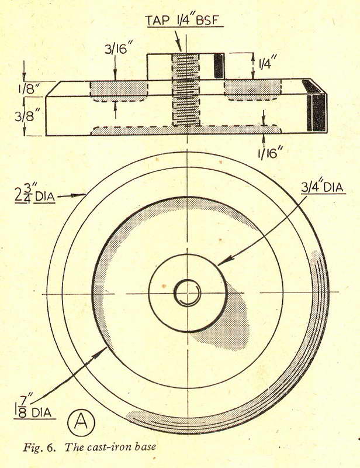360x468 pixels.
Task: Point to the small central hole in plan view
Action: point(187,292)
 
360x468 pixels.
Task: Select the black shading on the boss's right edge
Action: point(219,66)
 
